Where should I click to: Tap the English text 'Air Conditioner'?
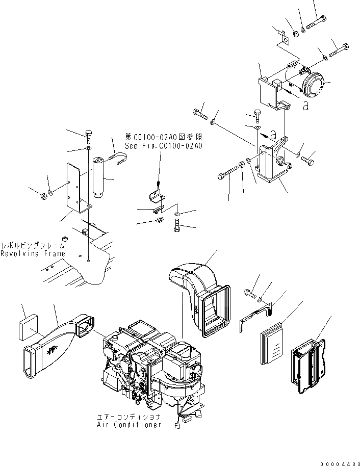(x=130, y=425)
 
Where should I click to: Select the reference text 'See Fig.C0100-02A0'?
(x=164, y=146)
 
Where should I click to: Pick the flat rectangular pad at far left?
(x=28, y=327)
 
